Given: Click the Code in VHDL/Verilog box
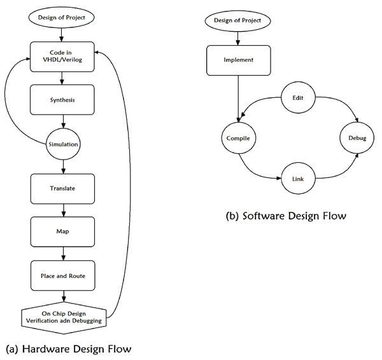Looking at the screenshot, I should click(62, 57).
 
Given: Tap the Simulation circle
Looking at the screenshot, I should click(62, 144).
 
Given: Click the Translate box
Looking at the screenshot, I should click(62, 189).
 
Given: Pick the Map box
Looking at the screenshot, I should click(62, 232).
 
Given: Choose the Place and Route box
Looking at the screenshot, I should click(62, 275).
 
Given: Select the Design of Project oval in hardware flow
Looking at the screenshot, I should click(62, 16).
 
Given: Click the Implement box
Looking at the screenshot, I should click(238, 61).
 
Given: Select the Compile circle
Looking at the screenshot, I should click(238, 138).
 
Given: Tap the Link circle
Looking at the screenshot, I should click(297, 179).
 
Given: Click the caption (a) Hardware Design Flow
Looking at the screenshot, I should click(67, 348).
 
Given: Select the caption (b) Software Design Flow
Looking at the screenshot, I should click(285, 216).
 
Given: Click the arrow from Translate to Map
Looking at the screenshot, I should click(62, 211).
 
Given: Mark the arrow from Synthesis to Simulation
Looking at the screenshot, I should click(62, 122).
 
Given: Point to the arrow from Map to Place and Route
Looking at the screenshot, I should click(62, 254).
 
